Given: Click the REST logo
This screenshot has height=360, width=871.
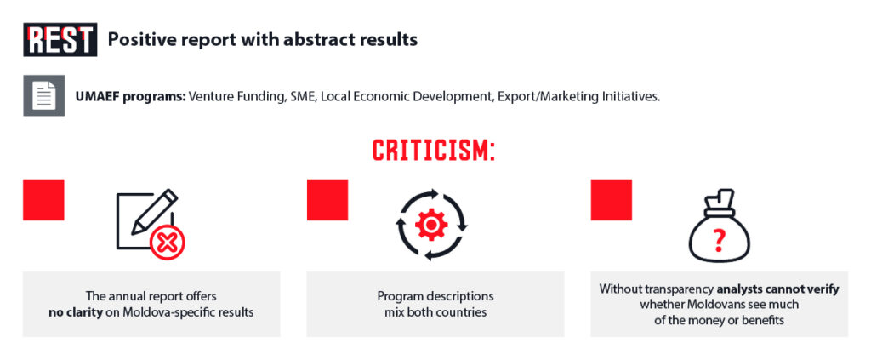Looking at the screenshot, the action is (60, 39).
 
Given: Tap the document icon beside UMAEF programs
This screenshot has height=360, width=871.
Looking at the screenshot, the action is (44, 95).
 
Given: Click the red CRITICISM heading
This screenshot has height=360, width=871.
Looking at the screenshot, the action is (433, 150).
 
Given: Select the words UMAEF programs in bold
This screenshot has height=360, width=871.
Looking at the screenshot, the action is (130, 96).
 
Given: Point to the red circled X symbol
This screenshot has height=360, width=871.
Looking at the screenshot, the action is (168, 243).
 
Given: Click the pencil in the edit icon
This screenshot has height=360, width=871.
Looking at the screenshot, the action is (155, 211).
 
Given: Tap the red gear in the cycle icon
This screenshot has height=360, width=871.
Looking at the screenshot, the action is (431, 225).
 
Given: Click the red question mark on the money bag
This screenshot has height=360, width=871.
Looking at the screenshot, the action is (720, 240).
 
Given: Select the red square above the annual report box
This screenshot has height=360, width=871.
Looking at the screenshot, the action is (43, 199).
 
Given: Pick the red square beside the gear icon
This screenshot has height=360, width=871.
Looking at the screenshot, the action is (327, 199).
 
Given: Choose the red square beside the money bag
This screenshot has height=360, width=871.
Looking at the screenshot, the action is (611, 199).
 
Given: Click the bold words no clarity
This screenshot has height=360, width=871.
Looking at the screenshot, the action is (76, 312).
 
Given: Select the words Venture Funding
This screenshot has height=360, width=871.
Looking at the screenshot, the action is (236, 96).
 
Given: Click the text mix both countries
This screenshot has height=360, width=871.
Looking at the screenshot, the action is (435, 312).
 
